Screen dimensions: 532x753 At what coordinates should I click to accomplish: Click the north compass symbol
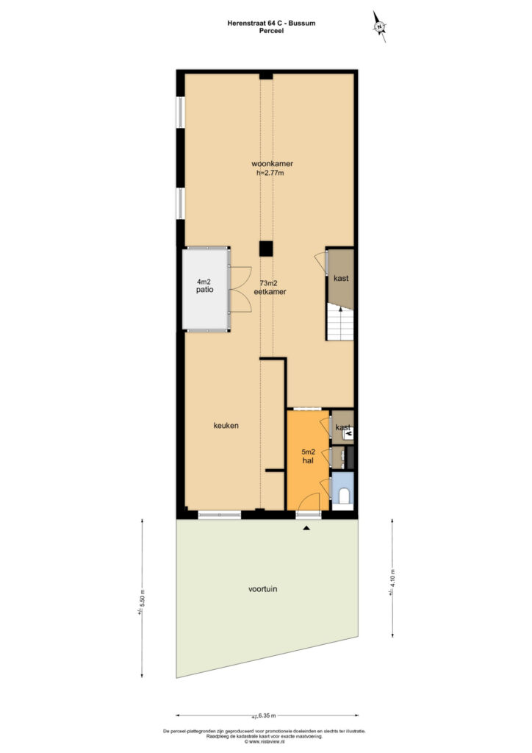click(x=379, y=26)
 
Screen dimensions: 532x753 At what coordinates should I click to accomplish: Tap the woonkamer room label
click(x=272, y=163)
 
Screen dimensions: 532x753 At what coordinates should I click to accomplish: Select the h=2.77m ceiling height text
click(x=270, y=173)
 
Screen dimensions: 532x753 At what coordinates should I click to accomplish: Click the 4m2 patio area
click(x=205, y=288)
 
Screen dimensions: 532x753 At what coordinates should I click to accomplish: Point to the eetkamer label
click(x=270, y=291)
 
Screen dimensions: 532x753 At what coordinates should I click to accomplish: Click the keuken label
click(x=226, y=426)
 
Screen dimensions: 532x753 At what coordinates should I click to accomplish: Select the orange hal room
click(x=307, y=460)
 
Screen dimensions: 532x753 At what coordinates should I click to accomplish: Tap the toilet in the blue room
click(x=343, y=496)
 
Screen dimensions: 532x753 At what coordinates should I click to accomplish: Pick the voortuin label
click(x=263, y=589)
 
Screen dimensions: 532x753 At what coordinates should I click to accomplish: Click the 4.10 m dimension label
click(x=392, y=582)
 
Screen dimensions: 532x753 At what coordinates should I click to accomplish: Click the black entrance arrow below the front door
click(x=306, y=528)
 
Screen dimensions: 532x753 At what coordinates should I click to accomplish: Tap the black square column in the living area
click(x=266, y=249)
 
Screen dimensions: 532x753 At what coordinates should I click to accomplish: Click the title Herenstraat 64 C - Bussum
click(x=272, y=23)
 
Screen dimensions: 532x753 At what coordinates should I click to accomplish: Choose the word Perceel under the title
click(x=272, y=31)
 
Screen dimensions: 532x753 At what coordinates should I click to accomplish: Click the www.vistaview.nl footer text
click(x=265, y=741)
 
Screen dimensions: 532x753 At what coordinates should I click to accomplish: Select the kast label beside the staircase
click(x=341, y=278)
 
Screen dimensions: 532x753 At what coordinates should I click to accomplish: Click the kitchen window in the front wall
click(x=220, y=515)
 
